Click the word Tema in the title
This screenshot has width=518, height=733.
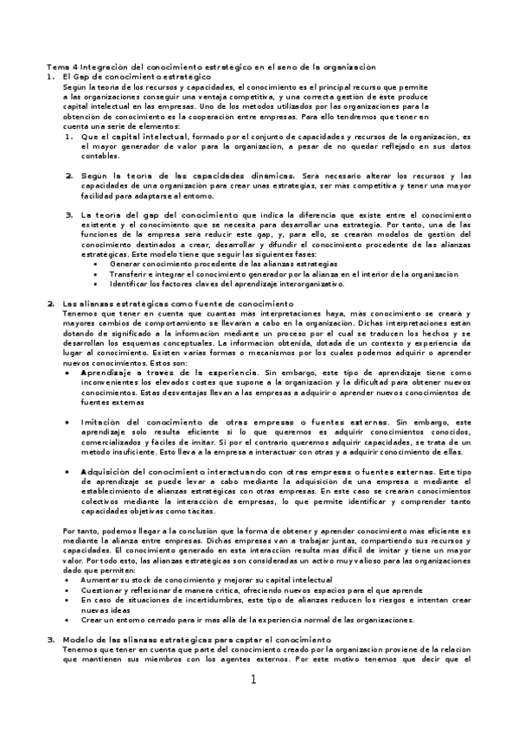click(54, 67)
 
